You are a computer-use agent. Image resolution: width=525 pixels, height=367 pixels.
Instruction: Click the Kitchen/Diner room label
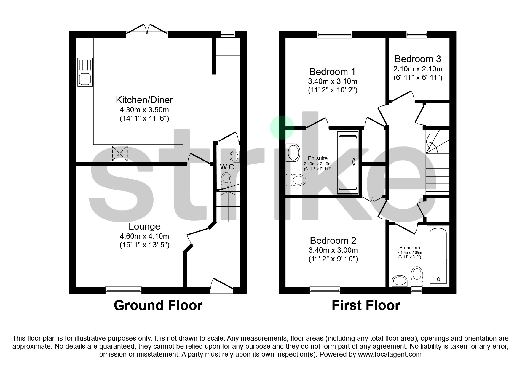[x=144, y=100]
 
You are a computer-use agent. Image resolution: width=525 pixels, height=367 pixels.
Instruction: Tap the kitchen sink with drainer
[x=85, y=72]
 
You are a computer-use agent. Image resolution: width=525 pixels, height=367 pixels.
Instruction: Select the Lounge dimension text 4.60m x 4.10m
[x=144, y=236]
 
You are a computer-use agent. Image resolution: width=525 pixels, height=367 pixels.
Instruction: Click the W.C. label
[x=228, y=167]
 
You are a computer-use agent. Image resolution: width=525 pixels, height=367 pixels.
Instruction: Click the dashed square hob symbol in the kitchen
[x=120, y=153]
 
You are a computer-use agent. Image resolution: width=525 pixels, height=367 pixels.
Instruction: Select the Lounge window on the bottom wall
[x=123, y=290]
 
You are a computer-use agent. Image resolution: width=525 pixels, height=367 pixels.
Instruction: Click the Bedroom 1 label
[x=332, y=72]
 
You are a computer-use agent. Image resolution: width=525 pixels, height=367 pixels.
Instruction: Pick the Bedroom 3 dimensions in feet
[x=418, y=78]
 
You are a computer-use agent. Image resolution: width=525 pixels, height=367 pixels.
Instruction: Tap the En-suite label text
[x=317, y=158]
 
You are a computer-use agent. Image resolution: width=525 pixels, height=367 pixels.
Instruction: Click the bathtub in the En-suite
[x=348, y=163]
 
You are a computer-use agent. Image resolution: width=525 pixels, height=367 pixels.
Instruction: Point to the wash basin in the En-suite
[x=293, y=153]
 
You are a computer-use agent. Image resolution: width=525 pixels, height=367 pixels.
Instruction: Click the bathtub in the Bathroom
[x=438, y=257]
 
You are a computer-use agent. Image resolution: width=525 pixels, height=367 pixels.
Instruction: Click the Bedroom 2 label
[x=333, y=241]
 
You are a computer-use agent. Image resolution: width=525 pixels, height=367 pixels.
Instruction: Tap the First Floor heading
[x=366, y=305]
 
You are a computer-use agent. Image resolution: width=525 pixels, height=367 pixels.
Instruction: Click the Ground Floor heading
[x=158, y=305]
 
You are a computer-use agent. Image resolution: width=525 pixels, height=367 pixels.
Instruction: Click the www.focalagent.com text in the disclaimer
[x=390, y=354]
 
